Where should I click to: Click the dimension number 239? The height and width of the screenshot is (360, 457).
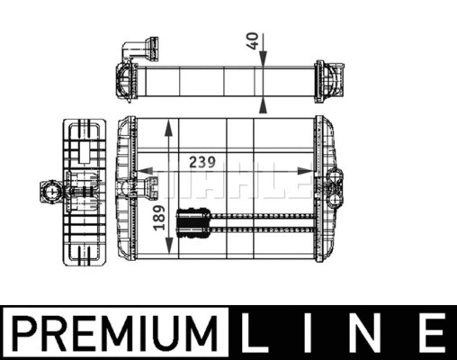[202, 162]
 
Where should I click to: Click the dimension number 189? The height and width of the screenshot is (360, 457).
[159, 218]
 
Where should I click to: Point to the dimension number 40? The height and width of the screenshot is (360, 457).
[253, 40]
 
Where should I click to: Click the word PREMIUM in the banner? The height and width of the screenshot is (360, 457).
[115, 333]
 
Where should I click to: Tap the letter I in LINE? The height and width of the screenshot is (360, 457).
[309, 333]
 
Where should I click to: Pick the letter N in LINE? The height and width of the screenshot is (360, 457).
[366, 333]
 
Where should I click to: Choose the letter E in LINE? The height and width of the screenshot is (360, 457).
[430, 333]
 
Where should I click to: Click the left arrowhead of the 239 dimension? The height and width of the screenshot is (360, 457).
[145, 171]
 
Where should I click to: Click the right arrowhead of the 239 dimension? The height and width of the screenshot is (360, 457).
[305, 171]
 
